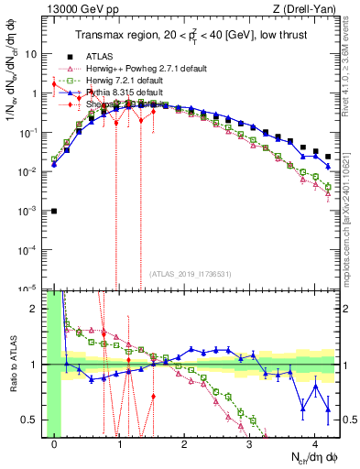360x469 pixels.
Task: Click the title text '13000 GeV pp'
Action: pos(69,10)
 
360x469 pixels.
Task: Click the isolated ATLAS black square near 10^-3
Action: pos(54,211)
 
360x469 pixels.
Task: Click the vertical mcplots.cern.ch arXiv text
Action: pos(351,220)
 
